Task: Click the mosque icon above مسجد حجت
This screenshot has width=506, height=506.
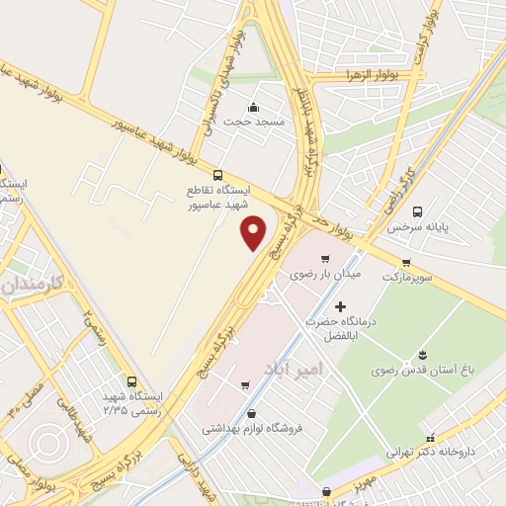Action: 254,107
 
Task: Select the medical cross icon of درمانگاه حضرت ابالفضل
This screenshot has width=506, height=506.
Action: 341,308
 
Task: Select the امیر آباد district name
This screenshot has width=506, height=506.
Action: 289,368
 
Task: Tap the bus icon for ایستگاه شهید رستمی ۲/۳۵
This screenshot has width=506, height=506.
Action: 131,381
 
